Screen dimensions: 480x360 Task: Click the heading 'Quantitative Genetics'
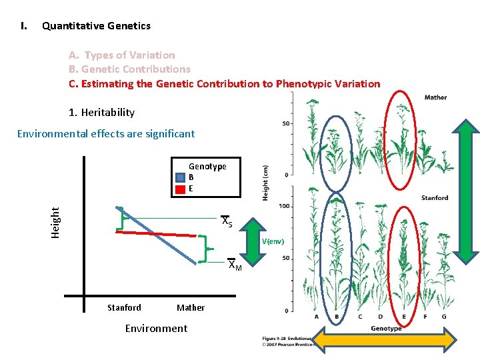(96, 26)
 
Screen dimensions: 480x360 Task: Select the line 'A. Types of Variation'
(122, 55)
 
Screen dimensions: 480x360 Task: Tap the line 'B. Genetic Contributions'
(129, 69)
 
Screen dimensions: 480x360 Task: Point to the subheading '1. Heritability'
(101, 113)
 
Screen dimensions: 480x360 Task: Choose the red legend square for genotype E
(179, 189)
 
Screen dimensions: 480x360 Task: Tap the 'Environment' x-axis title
(156, 328)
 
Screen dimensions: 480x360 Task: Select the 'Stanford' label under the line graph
(124, 307)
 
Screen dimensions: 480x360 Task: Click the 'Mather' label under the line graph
(191, 307)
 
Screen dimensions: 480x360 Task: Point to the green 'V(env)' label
(273, 241)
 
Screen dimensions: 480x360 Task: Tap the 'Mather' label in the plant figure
(435, 97)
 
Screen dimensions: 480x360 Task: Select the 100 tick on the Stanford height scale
(284, 206)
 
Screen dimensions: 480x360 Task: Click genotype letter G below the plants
(444, 317)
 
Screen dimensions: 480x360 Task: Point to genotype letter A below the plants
(317, 317)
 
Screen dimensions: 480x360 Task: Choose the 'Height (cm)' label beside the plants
(265, 182)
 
